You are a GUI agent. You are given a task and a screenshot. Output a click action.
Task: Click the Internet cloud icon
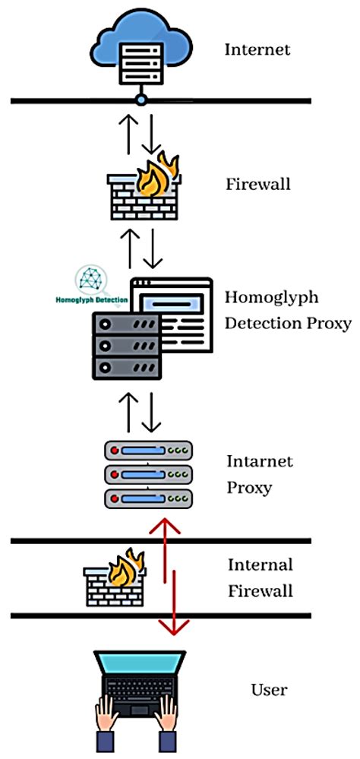(x=141, y=47)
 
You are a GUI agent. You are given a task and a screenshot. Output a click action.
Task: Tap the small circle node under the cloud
(x=141, y=100)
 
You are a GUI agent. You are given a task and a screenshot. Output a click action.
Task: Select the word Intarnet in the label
(x=260, y=461)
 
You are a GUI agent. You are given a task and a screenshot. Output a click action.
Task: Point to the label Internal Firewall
(x=260, y=577)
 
